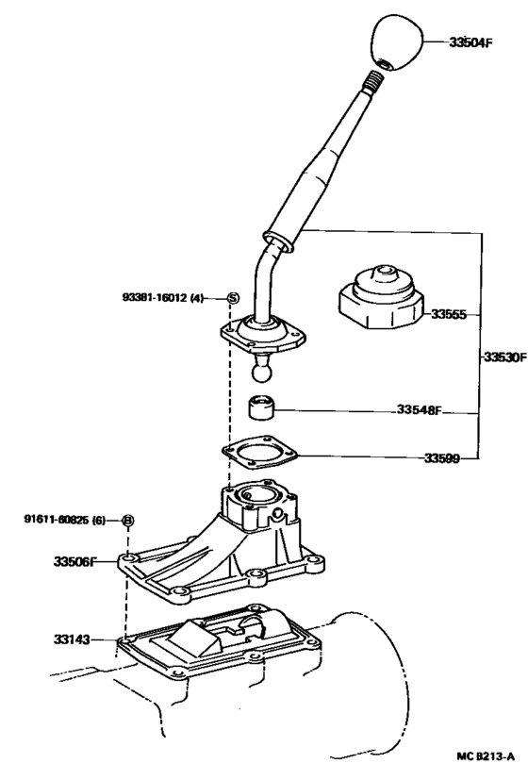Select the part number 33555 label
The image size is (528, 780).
(x=450, y=314)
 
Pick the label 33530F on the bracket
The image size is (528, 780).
(x=503, y=358)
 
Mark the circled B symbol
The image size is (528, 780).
(x=128, y=520)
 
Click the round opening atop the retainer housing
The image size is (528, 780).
(x=258, y=494)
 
